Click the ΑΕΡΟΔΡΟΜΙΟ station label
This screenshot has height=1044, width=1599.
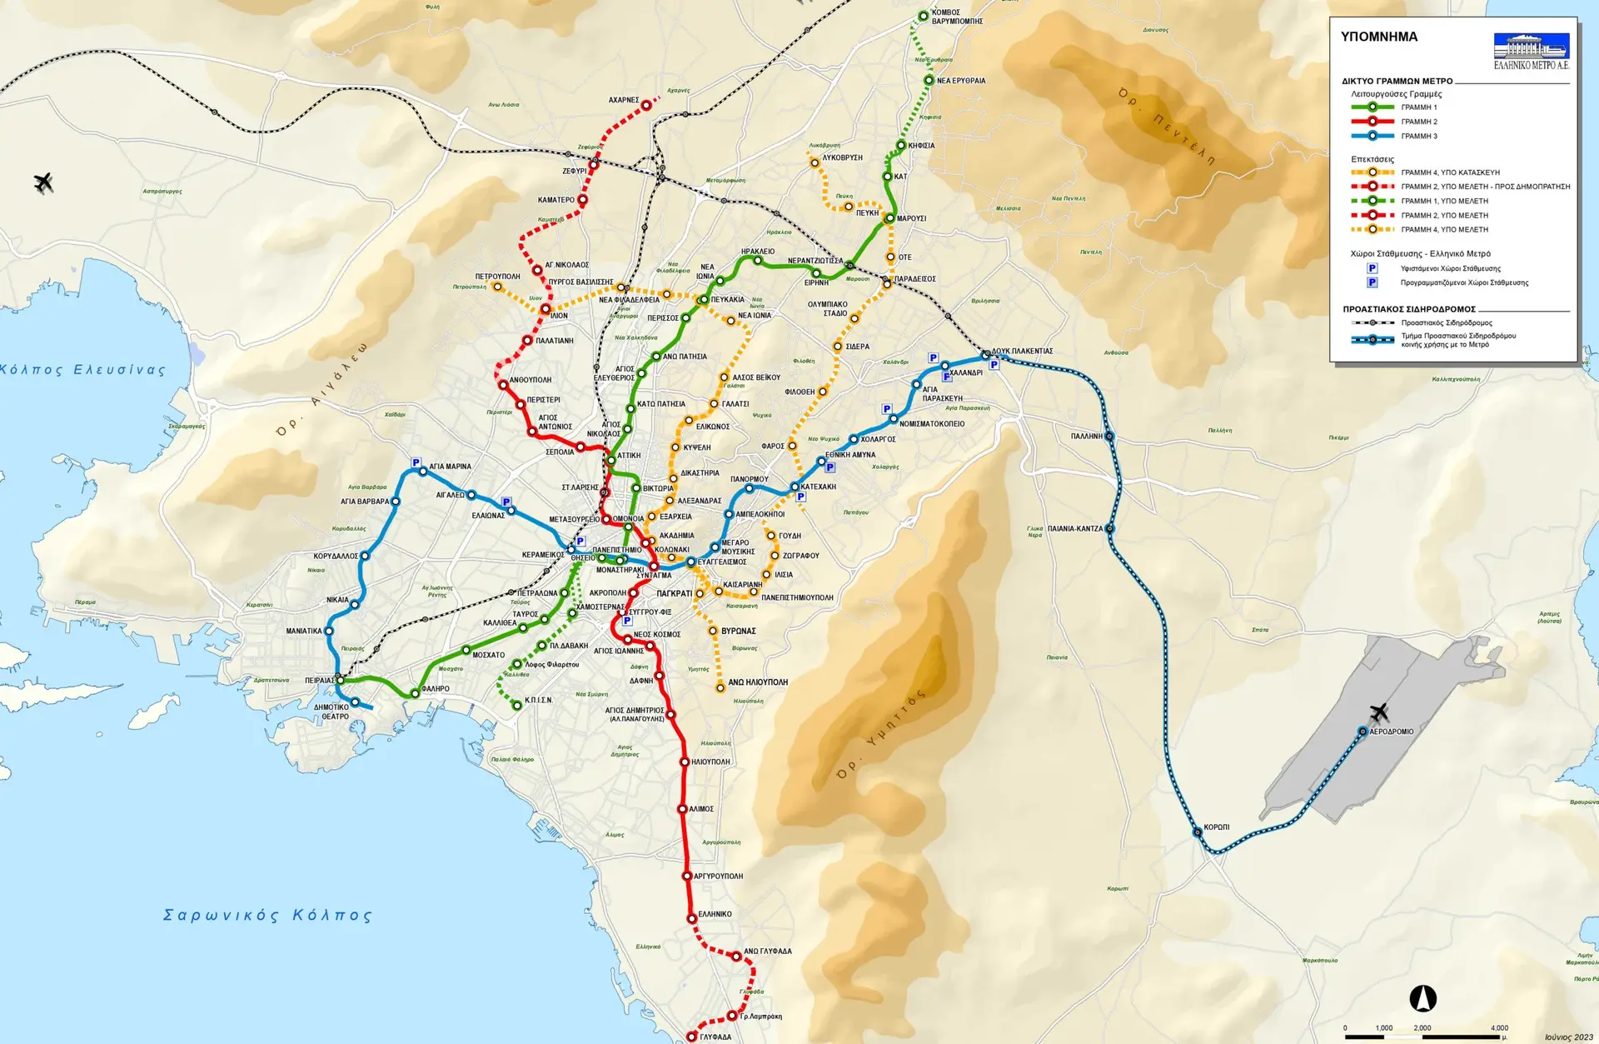pyautogui.click(x=1392, y=732)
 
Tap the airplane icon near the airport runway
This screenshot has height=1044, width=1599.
pyautogui.click(x=1380, y=712)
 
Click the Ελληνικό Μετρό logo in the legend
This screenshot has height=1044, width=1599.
pyautogui.click(x=1531, y=51)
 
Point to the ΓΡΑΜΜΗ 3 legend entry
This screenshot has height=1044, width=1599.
pyautogui.click(x=1419, y=136)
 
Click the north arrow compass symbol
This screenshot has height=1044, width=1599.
pyautogui.click(x=1422, y=997)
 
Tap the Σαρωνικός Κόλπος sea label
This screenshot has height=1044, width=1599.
pyautogui.click(x=267, y=915)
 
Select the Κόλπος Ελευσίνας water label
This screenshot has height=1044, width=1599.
pyautogui.click(x=83, y=369)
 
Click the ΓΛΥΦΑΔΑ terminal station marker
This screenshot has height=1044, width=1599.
pyautogui.click(x=691, y=1037)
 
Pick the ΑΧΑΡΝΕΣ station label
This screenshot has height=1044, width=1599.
pyautogui.click(x=623, y=100)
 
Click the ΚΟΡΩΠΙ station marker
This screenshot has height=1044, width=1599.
pyautogui.click(x=1198, y=832)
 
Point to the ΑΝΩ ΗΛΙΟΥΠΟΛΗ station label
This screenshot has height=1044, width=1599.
pyautogui.click(x=758, y=682)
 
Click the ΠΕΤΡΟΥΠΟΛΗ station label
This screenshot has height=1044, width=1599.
pyautogui.click(x=497, y=276)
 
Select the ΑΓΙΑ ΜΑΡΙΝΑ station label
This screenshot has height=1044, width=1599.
pyautogui.click(x=450, y=467)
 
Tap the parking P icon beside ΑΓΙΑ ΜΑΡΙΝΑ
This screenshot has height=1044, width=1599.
pyautogui.click(x=416, y=462)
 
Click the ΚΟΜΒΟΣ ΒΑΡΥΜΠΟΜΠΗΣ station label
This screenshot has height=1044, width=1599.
pyautogui.click(x=957, y=17)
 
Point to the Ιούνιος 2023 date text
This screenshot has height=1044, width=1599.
pyautogui.click(x=1569, y=1037)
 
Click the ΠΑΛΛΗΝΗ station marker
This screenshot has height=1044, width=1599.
pyautogui.click(x=1109, y=437)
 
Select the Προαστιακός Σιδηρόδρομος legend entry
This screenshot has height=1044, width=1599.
pyautogui.click(x=1446, y=322)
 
